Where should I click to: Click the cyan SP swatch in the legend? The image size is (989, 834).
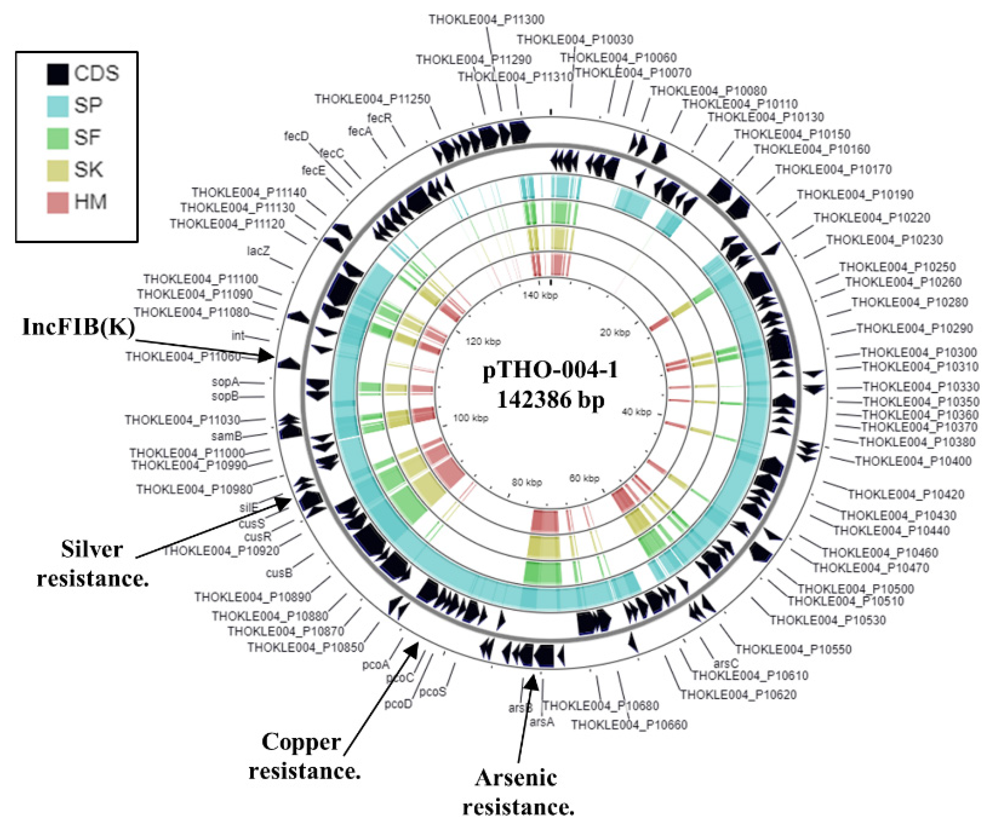tap(58, 105)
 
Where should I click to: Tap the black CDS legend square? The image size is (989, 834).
tap(58, 74)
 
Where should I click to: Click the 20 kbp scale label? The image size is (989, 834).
tap(615, 333)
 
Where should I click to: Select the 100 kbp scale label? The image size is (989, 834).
tap(470, 418)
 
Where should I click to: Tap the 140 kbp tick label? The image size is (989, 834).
tap(540, 296)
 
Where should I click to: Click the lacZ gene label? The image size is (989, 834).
tap(258, 251)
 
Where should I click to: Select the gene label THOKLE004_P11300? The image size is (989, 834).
tap(486, 19)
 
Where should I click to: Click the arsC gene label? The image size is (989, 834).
tap(726, 663)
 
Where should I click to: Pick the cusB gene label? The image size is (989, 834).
tap(279, 573)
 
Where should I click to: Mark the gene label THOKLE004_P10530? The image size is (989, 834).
tap(827, 620)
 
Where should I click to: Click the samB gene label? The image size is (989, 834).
tap(226, 436)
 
